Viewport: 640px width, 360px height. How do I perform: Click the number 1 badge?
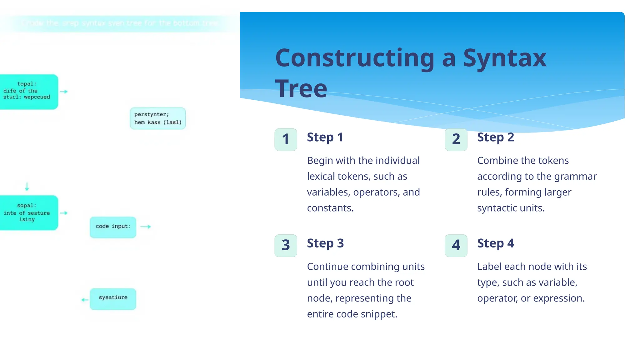pyautogui.click(x=286, y=139)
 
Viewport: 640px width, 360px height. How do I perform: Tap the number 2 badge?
pyautogui.click(x=456, y=139)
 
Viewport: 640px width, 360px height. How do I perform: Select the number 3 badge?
pyautogui.click(x=286, y=245)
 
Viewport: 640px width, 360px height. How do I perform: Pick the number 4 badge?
pyautogui.click(x=456, y=245)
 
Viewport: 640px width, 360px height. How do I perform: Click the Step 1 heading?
pyautogui.click(x=325, y=137)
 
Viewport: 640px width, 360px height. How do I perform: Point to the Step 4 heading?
pyautogui.click(x=495, y=243)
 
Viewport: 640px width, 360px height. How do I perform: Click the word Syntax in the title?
pyautogui.click(x=504, y=58)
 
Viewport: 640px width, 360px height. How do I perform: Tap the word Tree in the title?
pyautogui.click(x=301, y=89)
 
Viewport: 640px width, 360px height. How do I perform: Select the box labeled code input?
pyautogui.click(x=113, y=227)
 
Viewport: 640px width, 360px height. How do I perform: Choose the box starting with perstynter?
pyautogui.click(x=157, y=118)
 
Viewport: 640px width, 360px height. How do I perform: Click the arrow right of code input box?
pyautogui.click(x=146, y=227)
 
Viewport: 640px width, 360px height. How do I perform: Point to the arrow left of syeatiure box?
pyautogui.click(x=85, y=300)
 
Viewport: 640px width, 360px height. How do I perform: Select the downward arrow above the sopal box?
pyautogui.click(x=27, y=187)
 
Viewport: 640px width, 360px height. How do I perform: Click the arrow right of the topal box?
pyautogui.click(x=64, y=92)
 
